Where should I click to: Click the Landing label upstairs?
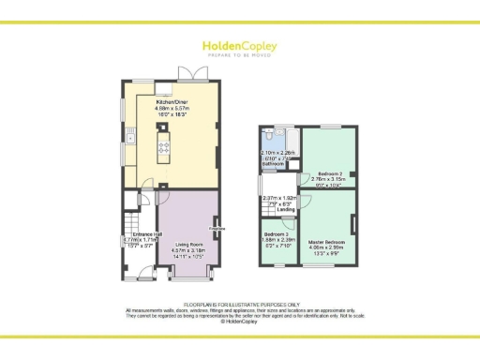286,209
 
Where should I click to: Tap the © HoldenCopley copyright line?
239,322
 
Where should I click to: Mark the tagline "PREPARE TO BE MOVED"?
239,53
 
